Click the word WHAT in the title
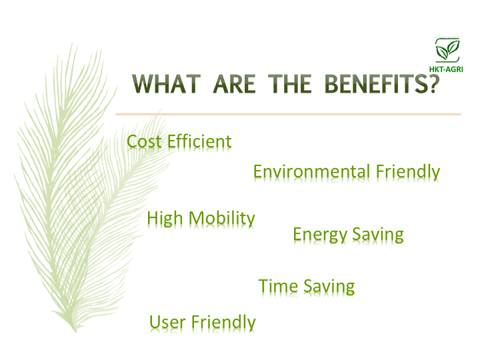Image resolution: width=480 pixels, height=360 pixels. tap(167, 83)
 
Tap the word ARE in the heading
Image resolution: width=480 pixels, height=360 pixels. tap(234, 83)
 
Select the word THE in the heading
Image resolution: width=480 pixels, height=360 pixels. tap(289, 83)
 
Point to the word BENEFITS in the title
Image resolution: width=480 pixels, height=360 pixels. tap(375, 83)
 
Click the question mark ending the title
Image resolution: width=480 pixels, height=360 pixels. tap(434, 83)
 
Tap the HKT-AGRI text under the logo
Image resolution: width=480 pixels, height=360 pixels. tap(446, 69)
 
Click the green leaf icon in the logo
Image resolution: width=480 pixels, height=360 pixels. tap(447, 50)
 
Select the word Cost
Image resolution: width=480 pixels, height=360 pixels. tap(144, 142)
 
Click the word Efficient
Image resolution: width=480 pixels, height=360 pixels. tap(199, 141)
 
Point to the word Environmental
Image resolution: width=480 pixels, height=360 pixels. tap(311, 171)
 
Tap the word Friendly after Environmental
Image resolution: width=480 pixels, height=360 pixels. tap(408, 172)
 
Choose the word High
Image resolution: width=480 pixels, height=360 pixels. tap(165, 219)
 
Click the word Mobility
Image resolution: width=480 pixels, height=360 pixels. tap(221, 219)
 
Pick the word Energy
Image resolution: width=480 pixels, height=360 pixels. tap(319, 235)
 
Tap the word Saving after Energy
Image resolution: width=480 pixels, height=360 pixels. tap(378, 235)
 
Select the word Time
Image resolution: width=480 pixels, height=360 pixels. tap(278, 286)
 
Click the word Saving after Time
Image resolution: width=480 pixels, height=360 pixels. tap(329, 287)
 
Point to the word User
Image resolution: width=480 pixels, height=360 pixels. tap(167, 323)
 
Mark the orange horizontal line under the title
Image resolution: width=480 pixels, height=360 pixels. tap(289, 114)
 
